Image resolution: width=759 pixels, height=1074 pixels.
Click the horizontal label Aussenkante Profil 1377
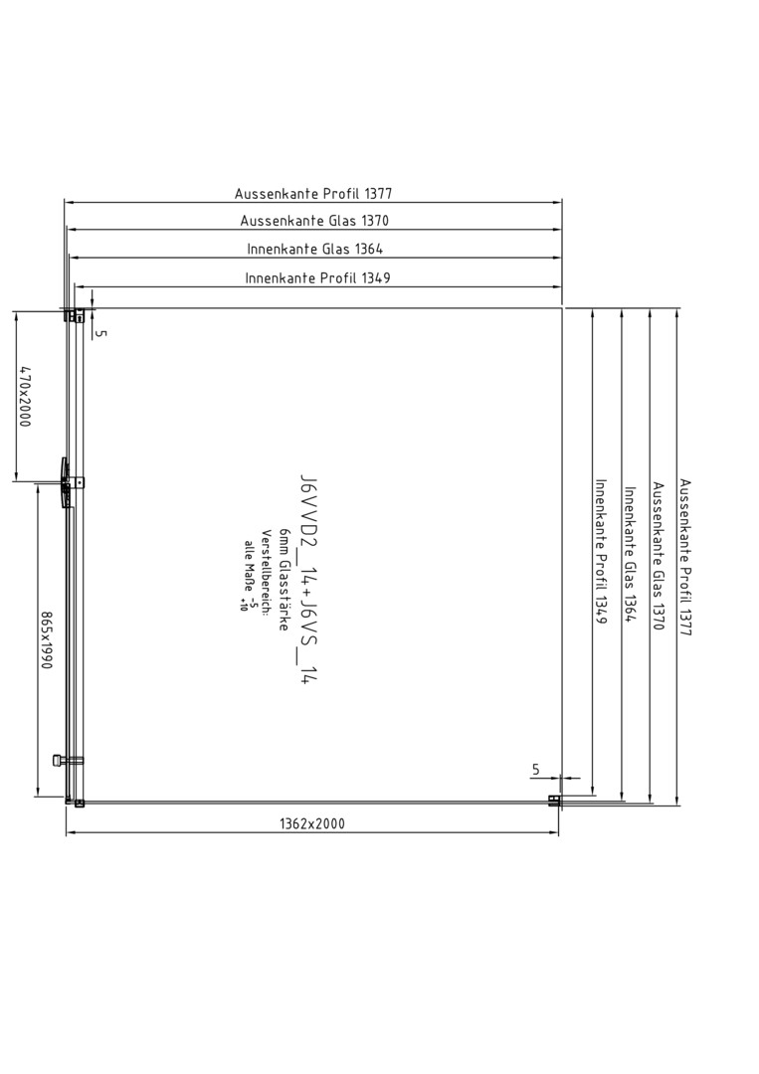point(313,194)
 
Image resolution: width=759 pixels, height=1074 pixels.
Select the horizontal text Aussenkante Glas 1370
point(314,221)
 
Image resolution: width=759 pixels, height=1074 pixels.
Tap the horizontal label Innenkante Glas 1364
point(315,249)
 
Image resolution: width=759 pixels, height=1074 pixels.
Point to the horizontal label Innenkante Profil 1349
point(318,278)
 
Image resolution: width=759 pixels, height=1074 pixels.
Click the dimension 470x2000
point(25,397)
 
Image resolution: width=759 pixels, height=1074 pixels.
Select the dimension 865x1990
point(46,641)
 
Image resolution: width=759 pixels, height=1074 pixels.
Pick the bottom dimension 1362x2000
point(312,824)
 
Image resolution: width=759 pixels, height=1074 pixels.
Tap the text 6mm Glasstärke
point(284,580)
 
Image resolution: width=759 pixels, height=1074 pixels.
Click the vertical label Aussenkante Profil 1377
point(685,558)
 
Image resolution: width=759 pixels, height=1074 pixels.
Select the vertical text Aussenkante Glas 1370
point(659,556)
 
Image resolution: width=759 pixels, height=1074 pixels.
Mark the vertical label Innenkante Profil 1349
point(602,551)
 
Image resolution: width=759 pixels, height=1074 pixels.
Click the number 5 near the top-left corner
point(102,333)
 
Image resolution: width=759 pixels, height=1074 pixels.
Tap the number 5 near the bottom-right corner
point(536,770)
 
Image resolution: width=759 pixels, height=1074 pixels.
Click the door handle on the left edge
point(65,483)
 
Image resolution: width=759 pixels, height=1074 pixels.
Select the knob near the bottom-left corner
point(60,760)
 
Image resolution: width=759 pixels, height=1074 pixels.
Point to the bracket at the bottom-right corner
point(554,800)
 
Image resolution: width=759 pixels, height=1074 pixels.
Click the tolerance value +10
point(243,605)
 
